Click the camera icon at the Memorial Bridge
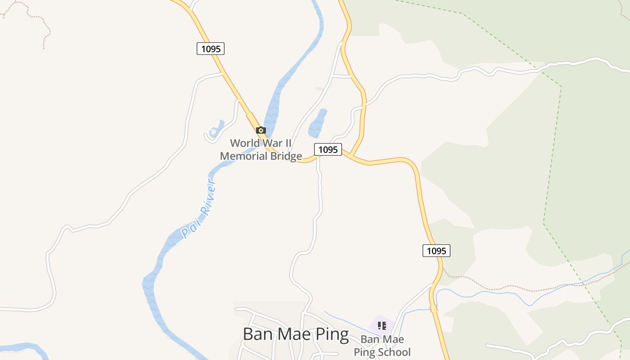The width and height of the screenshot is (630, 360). pyautogui.click(x=261, y=130)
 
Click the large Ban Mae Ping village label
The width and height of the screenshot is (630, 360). pyautogui.click(x=296, y=334)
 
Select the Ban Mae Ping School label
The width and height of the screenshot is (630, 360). pyautogui.click(x=382, y=346)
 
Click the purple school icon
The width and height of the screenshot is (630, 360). pyautogui.click(x=382, y=325)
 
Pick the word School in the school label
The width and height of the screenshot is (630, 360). pyautogui.click(x=395, y=352)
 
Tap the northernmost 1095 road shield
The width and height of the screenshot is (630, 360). pyautogui.click(x=211, y=49)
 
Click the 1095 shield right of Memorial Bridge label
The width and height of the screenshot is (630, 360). pyautogui.click(x=328, y=149)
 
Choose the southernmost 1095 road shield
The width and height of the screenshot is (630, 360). pyautogui.click(x=436, y=251)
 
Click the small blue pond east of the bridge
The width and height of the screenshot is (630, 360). pyautogui.click(x=318, y=123)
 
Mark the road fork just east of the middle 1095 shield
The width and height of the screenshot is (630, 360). pyautogui.click(x=352, y=156)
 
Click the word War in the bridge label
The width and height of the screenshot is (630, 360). pyautogui.click(x=276, y=143)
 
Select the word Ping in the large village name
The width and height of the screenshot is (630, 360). pyautogui.click(x=332, y=334)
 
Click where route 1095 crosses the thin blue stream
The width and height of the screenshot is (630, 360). pyautogui.click(x=433, y=308)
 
